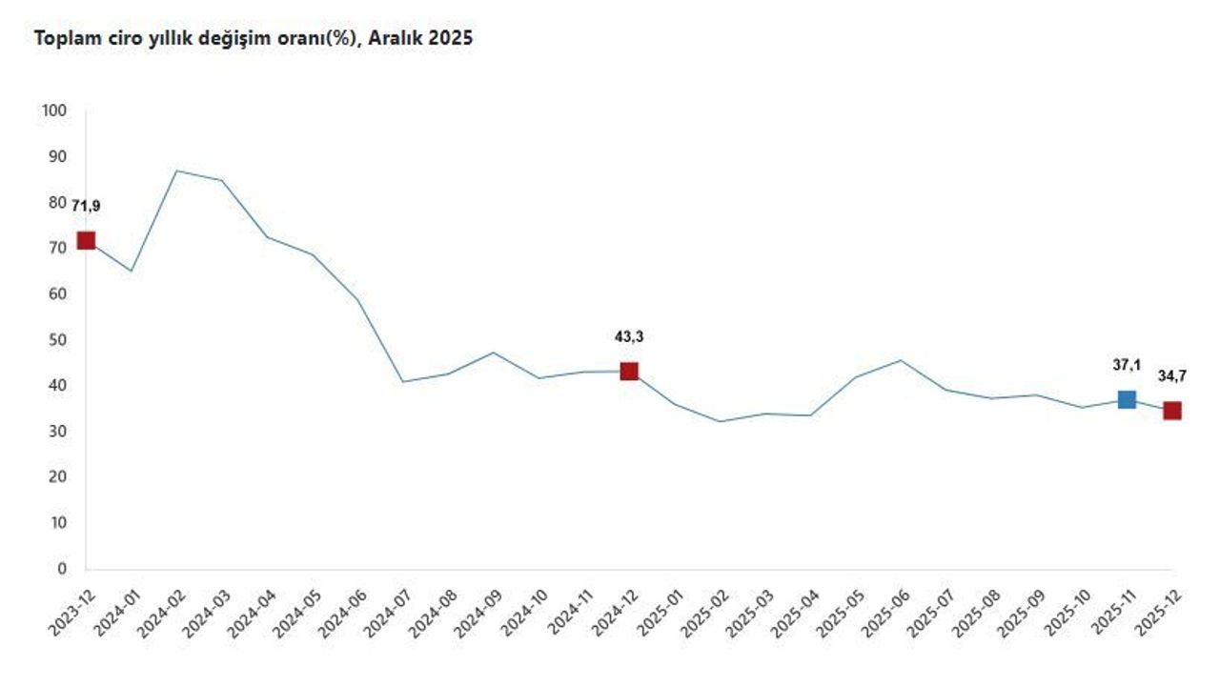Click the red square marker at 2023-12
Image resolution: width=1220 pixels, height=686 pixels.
coord(86,240)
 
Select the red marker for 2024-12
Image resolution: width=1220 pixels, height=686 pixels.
coord(629,371)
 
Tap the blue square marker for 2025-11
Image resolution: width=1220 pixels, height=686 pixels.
coord(1127,399)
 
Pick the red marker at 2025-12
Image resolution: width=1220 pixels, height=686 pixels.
coord(1172,411)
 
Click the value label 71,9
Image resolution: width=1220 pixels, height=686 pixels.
coord(86,205)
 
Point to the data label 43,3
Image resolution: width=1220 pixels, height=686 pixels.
coord(629,336)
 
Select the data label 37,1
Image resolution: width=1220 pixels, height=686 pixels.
coord(1127,363)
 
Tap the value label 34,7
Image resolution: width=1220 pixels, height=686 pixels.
coord(1172,375)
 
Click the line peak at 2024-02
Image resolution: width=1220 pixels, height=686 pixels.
coord(176,171)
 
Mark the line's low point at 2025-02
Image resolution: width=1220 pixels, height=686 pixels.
coord(720,421)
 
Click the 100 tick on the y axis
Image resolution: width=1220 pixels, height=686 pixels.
coord(54,111)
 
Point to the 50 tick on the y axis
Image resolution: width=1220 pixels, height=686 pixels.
coord(58,340)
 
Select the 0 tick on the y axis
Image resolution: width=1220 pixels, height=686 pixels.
coord(62,569)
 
